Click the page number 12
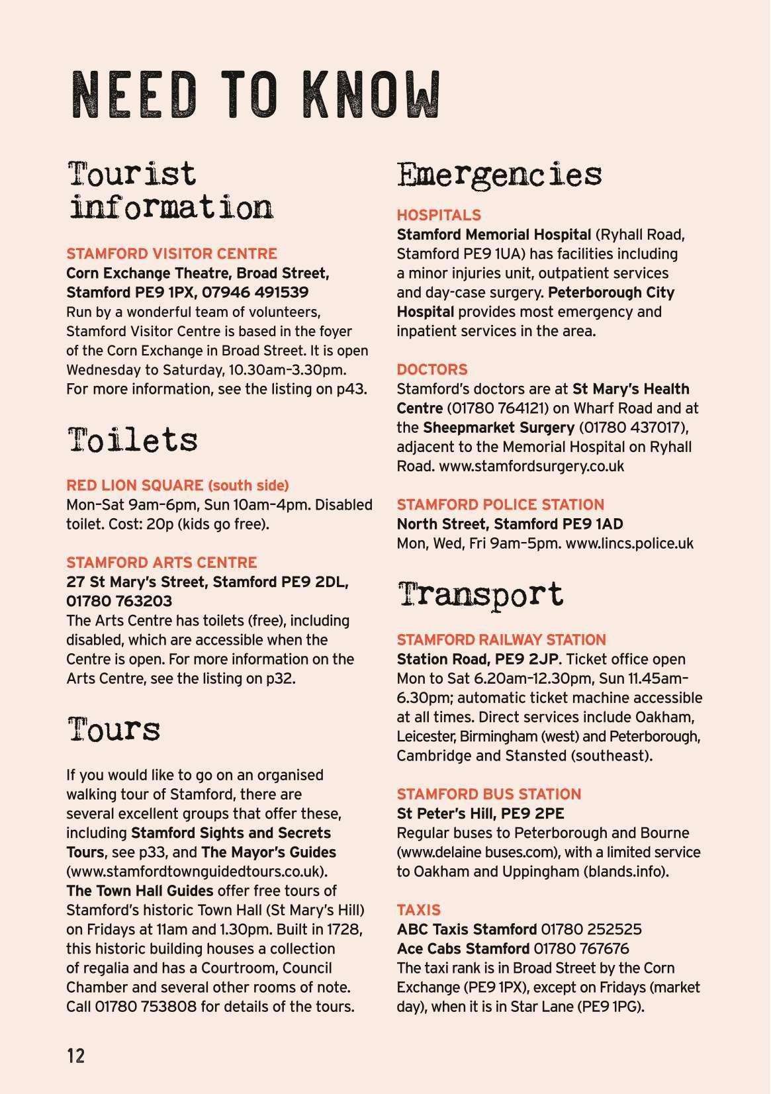(76, 1055)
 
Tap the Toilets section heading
(132, 439)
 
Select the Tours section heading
(113, 729)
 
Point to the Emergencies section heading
(499, 175)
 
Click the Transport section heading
(480, 594)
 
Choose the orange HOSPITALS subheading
(439, 215)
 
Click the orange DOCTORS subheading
(432, 369)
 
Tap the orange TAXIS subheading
(418, 910)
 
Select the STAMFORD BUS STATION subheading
(488, 794)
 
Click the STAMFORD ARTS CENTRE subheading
(161, 563)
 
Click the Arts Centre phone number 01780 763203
(119, 601)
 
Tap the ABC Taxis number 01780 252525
(591, 930)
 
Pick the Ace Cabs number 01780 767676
(581, 949)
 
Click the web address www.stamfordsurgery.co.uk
(531, 466)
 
